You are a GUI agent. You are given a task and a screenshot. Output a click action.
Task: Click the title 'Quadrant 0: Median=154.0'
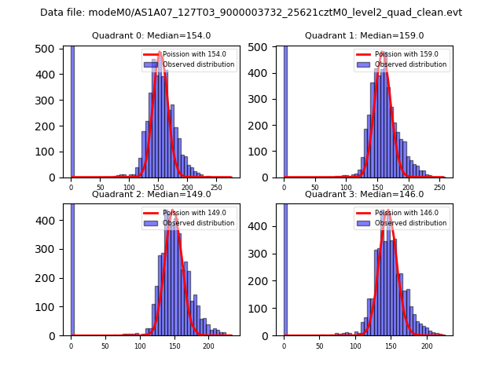pyautogui.click(x=151, y=35)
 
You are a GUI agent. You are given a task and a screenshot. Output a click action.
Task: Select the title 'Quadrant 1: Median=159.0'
pyautogui.click(x=364, y=35)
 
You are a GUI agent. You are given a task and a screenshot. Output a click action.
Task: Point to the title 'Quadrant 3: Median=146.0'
pyautogui.click(x=364, y=194)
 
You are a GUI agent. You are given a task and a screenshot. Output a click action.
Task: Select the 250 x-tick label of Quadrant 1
pyautogui.click(x=438, y=188)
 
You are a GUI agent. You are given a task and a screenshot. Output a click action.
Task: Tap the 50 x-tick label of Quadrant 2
pyautogui.click(x=105, y=346)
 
